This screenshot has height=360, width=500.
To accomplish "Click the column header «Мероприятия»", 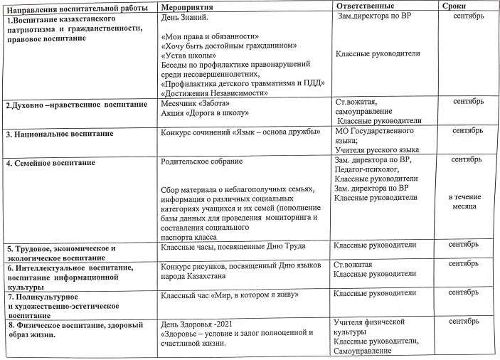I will tap(187, 6).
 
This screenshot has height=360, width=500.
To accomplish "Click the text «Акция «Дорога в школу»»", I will tap(204, 112).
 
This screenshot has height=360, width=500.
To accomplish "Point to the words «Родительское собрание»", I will tap(202, 162).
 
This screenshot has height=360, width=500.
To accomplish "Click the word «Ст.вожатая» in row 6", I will tap(353, 264).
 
